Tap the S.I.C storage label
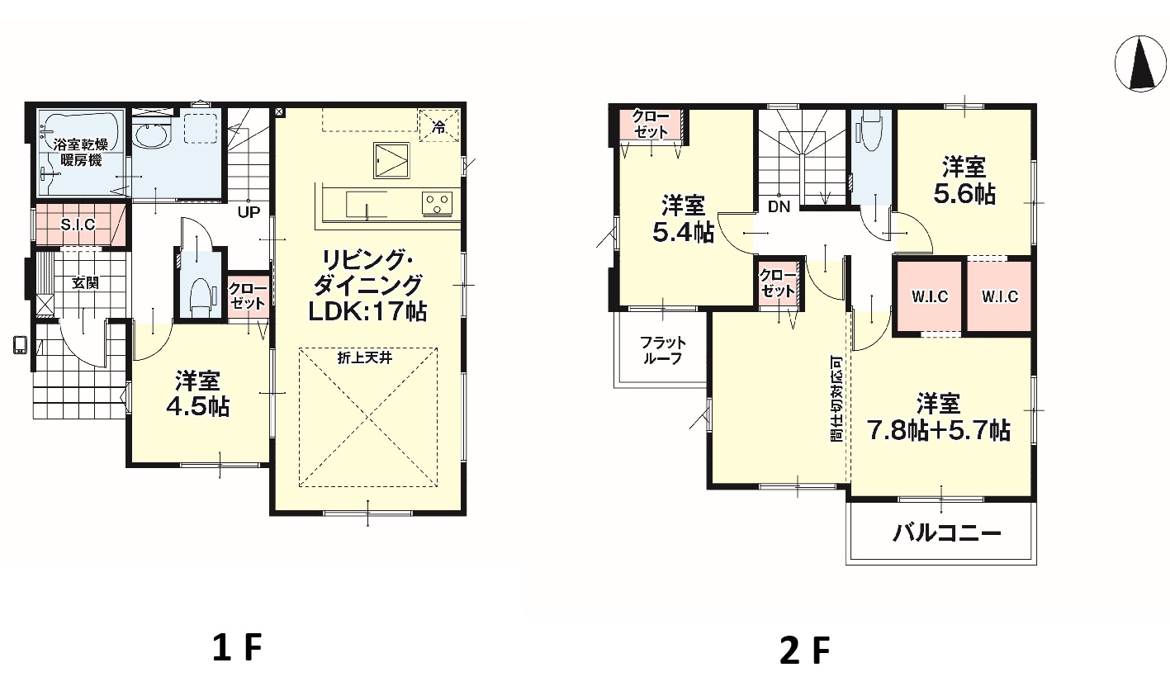78,225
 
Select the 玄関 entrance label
85,284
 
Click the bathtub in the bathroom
81,151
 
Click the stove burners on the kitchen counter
437,202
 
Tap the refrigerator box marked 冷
439,125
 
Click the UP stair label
249,212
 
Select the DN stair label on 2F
779,207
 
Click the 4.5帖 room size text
197,406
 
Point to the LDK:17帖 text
367,311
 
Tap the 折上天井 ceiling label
364,358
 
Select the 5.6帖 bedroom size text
964,194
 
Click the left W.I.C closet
930,296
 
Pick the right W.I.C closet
1000,296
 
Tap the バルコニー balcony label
946,533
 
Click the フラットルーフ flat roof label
662,351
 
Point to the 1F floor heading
237,647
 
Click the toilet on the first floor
200,296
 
